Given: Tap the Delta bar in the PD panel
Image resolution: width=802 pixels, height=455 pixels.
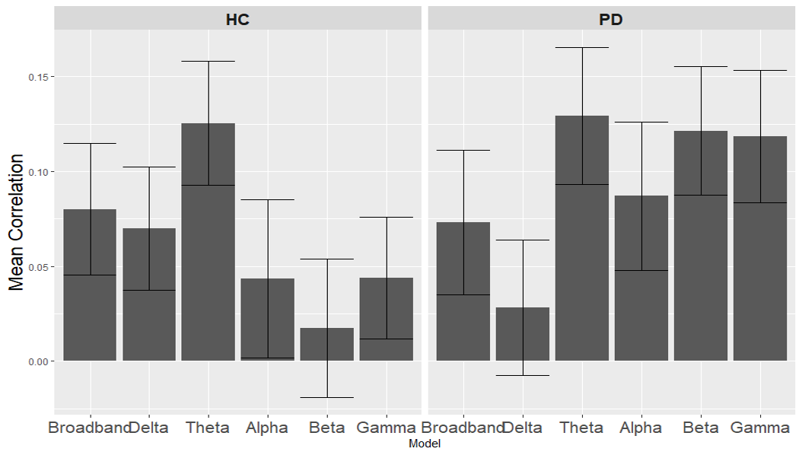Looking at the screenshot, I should (523, 334).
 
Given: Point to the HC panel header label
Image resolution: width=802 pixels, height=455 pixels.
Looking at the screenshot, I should (238, 20).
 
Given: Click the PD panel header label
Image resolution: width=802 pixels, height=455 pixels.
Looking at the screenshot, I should (611, 20).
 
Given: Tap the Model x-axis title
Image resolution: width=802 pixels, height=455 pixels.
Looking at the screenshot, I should (425, 444).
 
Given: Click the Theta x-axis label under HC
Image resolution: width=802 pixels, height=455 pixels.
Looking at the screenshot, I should (208, 428).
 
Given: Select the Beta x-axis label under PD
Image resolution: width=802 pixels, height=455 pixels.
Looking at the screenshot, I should (701, 428).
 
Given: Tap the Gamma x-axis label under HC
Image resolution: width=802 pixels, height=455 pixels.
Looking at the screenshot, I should (387, 428).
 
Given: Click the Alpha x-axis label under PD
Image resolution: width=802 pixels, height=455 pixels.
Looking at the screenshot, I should (641, 428).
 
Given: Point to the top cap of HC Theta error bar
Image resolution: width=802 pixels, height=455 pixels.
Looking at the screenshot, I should (208, 61).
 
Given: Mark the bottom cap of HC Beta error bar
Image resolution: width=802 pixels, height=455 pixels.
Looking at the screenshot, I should (327, 397).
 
